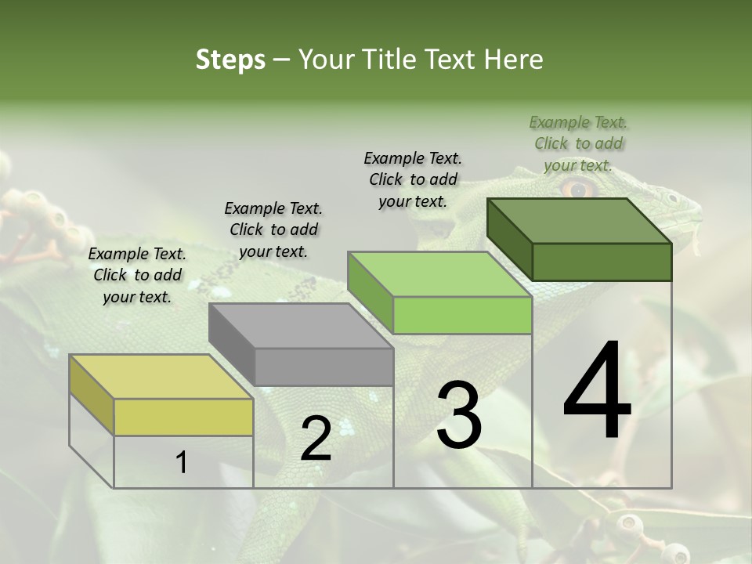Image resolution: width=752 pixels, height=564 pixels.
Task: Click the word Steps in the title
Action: click(x=230, y=60)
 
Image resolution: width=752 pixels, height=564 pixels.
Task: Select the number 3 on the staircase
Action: click(x=458, y=414)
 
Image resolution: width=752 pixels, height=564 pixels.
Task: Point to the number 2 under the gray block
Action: click(x=316, y=438)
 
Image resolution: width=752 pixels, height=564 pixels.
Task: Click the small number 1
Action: click(x=182, y=462)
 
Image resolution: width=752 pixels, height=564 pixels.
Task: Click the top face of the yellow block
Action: click(x=161, y=376)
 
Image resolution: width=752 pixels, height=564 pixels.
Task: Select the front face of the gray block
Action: click(x=324, y=367)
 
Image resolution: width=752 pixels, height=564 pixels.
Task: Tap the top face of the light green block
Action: click(x=439, y=274)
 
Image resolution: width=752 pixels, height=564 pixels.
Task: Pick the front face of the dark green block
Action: click(x=602, y=262)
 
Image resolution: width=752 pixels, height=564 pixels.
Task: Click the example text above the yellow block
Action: click(x=137, y=275)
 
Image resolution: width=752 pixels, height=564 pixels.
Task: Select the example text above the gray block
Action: click(x=273, y=230)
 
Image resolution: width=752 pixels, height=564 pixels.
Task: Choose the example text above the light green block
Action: click(x=413, y=179)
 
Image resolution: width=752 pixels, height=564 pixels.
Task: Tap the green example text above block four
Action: click(x=578, y=143)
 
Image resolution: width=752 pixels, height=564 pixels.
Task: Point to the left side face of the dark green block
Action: click(x=509, y=235)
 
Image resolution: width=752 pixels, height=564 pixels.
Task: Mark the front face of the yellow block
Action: click(x=183, y=417)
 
